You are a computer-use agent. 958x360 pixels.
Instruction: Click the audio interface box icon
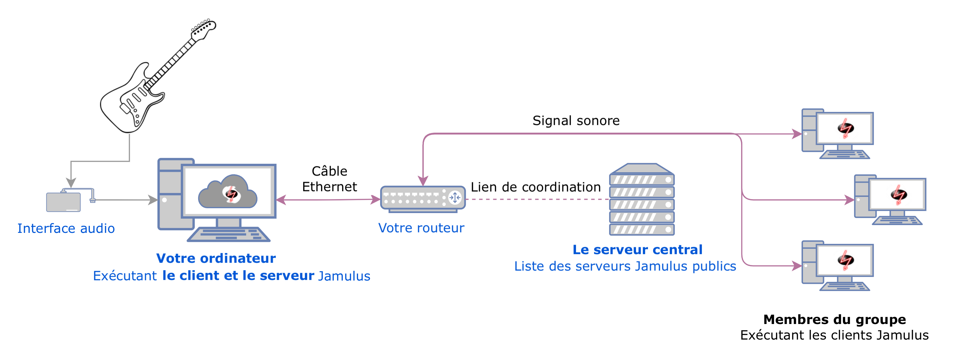(x=63, y=202)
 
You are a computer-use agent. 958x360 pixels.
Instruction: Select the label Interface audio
(x=66, y=228)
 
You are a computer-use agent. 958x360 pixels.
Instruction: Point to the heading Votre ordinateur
(x=216, y=258)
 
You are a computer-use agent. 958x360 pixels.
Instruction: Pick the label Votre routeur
(x=421, y=228)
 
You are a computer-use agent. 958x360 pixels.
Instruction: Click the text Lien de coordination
(x=535, y=187)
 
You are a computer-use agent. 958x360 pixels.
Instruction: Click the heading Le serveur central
(x=638, y=249)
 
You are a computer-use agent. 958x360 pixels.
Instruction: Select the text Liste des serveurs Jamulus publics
(x=625, y=266)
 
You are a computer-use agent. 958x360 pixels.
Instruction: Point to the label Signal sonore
(x=576, y=121)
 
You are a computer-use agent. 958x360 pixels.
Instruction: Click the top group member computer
(x=837, y=134)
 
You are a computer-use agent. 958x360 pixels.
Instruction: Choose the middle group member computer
(x=890, y=200)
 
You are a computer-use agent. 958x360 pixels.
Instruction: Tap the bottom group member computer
(x=837, y=266)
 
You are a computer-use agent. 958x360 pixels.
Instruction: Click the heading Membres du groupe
(x=834, y=319)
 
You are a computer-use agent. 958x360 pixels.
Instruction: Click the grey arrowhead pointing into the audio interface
(x=71, y=183)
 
